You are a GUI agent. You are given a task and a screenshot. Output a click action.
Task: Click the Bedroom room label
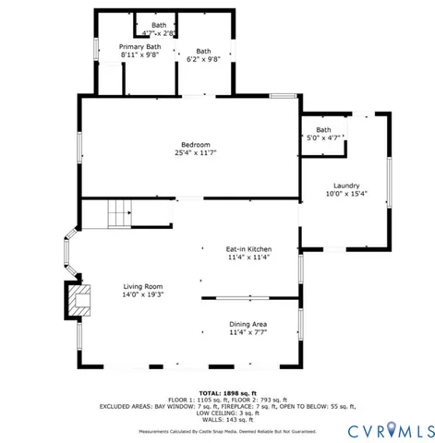tap(195, 143)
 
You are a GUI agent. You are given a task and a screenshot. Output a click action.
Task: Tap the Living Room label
tap(143, 286)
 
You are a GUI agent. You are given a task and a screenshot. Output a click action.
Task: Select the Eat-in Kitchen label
tap(248, 249)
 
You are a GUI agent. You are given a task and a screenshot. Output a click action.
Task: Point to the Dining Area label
tap(248, 324)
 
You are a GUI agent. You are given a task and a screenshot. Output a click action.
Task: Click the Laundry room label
tap(347, 185)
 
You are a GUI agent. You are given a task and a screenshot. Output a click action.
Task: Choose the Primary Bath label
tap(139, 46)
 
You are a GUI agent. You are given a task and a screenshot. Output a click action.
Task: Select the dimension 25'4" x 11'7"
tap(195, 152)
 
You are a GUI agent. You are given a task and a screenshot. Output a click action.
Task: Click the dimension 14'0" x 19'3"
tap(143, 295)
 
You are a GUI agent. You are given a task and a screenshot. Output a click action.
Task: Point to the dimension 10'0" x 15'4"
tap(347, 194)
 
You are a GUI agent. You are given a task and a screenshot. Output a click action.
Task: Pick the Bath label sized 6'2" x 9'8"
tap(203, 51)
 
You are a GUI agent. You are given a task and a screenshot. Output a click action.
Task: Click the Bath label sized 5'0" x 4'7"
tap(323, 130)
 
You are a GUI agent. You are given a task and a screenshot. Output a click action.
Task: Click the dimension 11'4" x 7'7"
tap(248, 333)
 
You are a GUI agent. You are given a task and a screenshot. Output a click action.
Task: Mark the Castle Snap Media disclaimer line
tap(227, 431)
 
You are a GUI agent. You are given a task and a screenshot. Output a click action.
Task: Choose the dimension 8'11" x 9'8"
tap(139, 54)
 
